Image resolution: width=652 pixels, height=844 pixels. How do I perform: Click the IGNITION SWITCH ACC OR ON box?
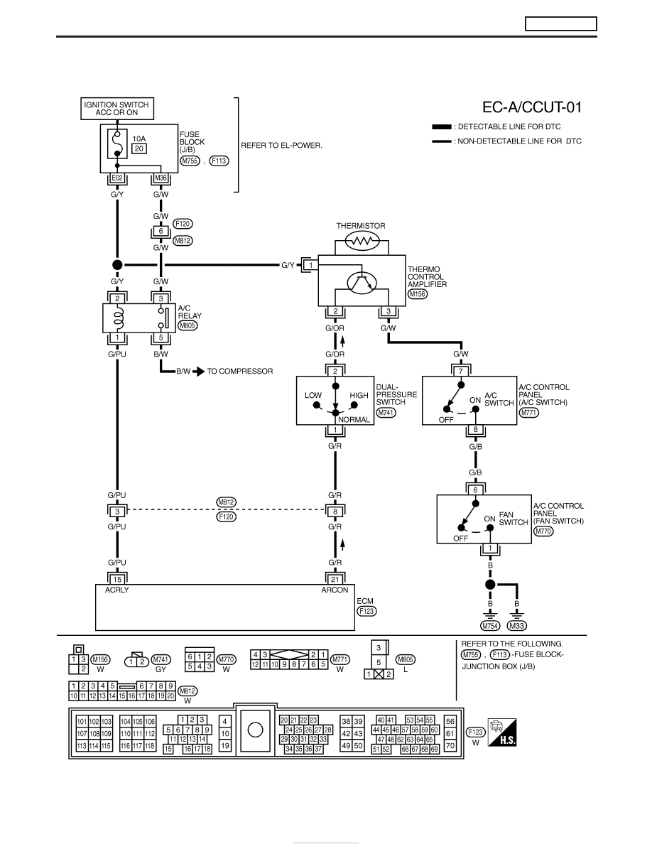point(116,109)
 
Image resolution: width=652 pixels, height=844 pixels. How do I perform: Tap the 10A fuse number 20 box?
point(139,148)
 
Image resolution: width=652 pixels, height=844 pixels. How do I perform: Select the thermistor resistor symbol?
point(361,242)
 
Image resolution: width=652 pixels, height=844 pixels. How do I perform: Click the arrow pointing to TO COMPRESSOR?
point(198,372)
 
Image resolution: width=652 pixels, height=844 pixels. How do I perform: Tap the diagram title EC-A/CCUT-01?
point(532,107)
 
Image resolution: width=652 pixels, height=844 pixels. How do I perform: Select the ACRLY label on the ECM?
point(116,590)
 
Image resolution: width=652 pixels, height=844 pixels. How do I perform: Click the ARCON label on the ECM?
point(335,590)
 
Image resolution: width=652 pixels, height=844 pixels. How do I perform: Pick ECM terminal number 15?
point(116,579)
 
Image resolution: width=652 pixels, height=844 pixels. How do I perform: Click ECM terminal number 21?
point(335,579)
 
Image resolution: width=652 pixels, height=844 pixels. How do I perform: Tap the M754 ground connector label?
point(490,625)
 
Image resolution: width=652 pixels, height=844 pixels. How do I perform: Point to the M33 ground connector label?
point(517,625)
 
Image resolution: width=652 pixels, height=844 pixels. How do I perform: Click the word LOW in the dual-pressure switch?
point(313,395)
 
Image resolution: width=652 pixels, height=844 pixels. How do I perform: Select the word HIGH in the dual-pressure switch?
point(359,395)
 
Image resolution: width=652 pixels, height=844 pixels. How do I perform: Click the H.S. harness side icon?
point(502,732)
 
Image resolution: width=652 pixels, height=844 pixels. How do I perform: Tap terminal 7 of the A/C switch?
point(460,372)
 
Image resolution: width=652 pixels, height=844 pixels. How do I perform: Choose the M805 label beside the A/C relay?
point(188,325)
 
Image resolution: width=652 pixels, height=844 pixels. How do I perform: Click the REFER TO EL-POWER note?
point(281,146)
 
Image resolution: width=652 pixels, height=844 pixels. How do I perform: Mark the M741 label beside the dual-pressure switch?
point(386,413)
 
